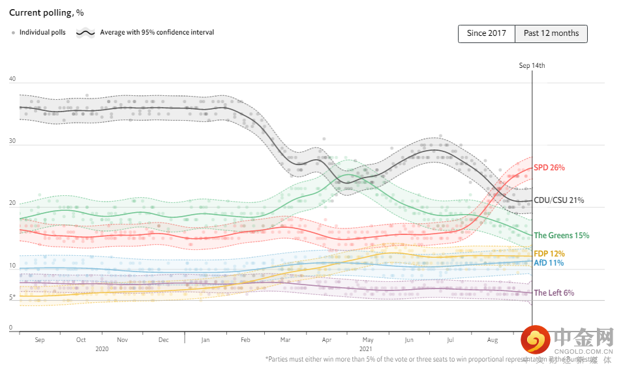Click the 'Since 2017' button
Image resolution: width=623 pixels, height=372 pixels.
click(x=487, y=34)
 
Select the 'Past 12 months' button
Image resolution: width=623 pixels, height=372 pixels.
click(x=551, y=34)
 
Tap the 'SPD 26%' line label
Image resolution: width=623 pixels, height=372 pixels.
click(x=549, y=168)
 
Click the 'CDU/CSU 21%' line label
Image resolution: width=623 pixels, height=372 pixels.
click(x=558, y=200)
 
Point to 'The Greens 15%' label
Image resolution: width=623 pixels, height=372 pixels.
click(x=562, y=236)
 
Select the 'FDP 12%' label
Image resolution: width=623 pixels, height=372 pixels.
click(x=549, y=254)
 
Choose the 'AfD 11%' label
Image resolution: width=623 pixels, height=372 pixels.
click(x=549, y=263)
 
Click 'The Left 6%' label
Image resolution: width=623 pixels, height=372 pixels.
click(x=554, y=293)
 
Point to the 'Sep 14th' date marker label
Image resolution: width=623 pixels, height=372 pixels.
click(x=532, y=65)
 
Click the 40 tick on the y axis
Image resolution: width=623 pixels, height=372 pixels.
click(x=12, y=79)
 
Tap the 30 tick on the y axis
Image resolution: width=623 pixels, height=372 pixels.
click(x=12, y=142)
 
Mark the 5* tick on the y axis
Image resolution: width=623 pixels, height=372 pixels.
click(x=12, y=297)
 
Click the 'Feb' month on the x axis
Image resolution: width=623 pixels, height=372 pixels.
click(x=245, y=340)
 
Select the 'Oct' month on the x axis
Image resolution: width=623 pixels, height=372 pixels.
click(x=81, y=340)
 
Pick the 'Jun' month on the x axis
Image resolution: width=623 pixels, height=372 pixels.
click(x=409, y=340)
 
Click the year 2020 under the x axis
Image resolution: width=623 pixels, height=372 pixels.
click(x=102, y=349)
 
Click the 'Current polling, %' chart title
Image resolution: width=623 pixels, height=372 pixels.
click(x=46, y=12)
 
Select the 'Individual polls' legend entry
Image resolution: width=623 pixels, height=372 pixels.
click(x=41, y=32)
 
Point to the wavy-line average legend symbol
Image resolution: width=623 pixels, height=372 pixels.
click(x=86, y=32)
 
